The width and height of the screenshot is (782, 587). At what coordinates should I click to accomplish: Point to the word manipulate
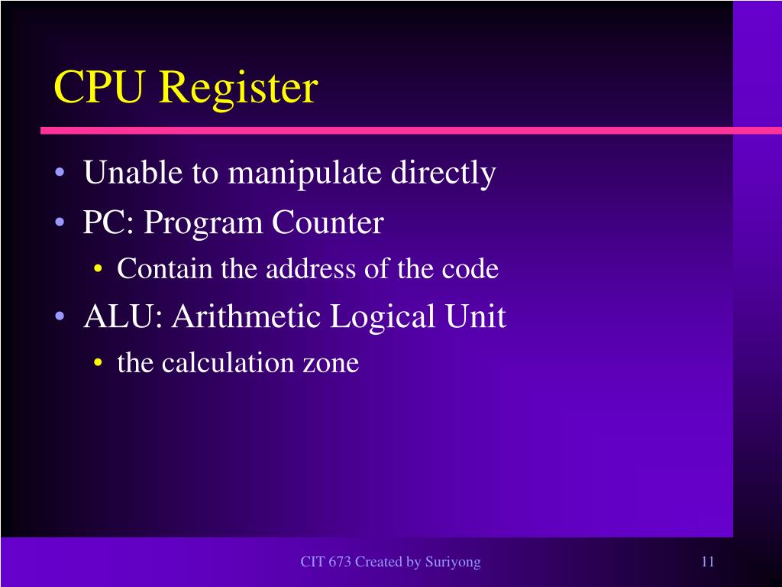click(x=305, y=174)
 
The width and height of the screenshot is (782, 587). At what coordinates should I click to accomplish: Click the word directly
click(x=443, y=174)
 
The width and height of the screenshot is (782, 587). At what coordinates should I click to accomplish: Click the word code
click(x=472, y=269)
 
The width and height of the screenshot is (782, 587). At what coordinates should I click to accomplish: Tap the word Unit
click(x=477, y=316)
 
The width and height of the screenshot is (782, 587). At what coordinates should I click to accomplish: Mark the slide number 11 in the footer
click(x=707, y=563)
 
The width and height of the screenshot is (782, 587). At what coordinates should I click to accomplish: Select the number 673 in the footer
click(x=339, y=563)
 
